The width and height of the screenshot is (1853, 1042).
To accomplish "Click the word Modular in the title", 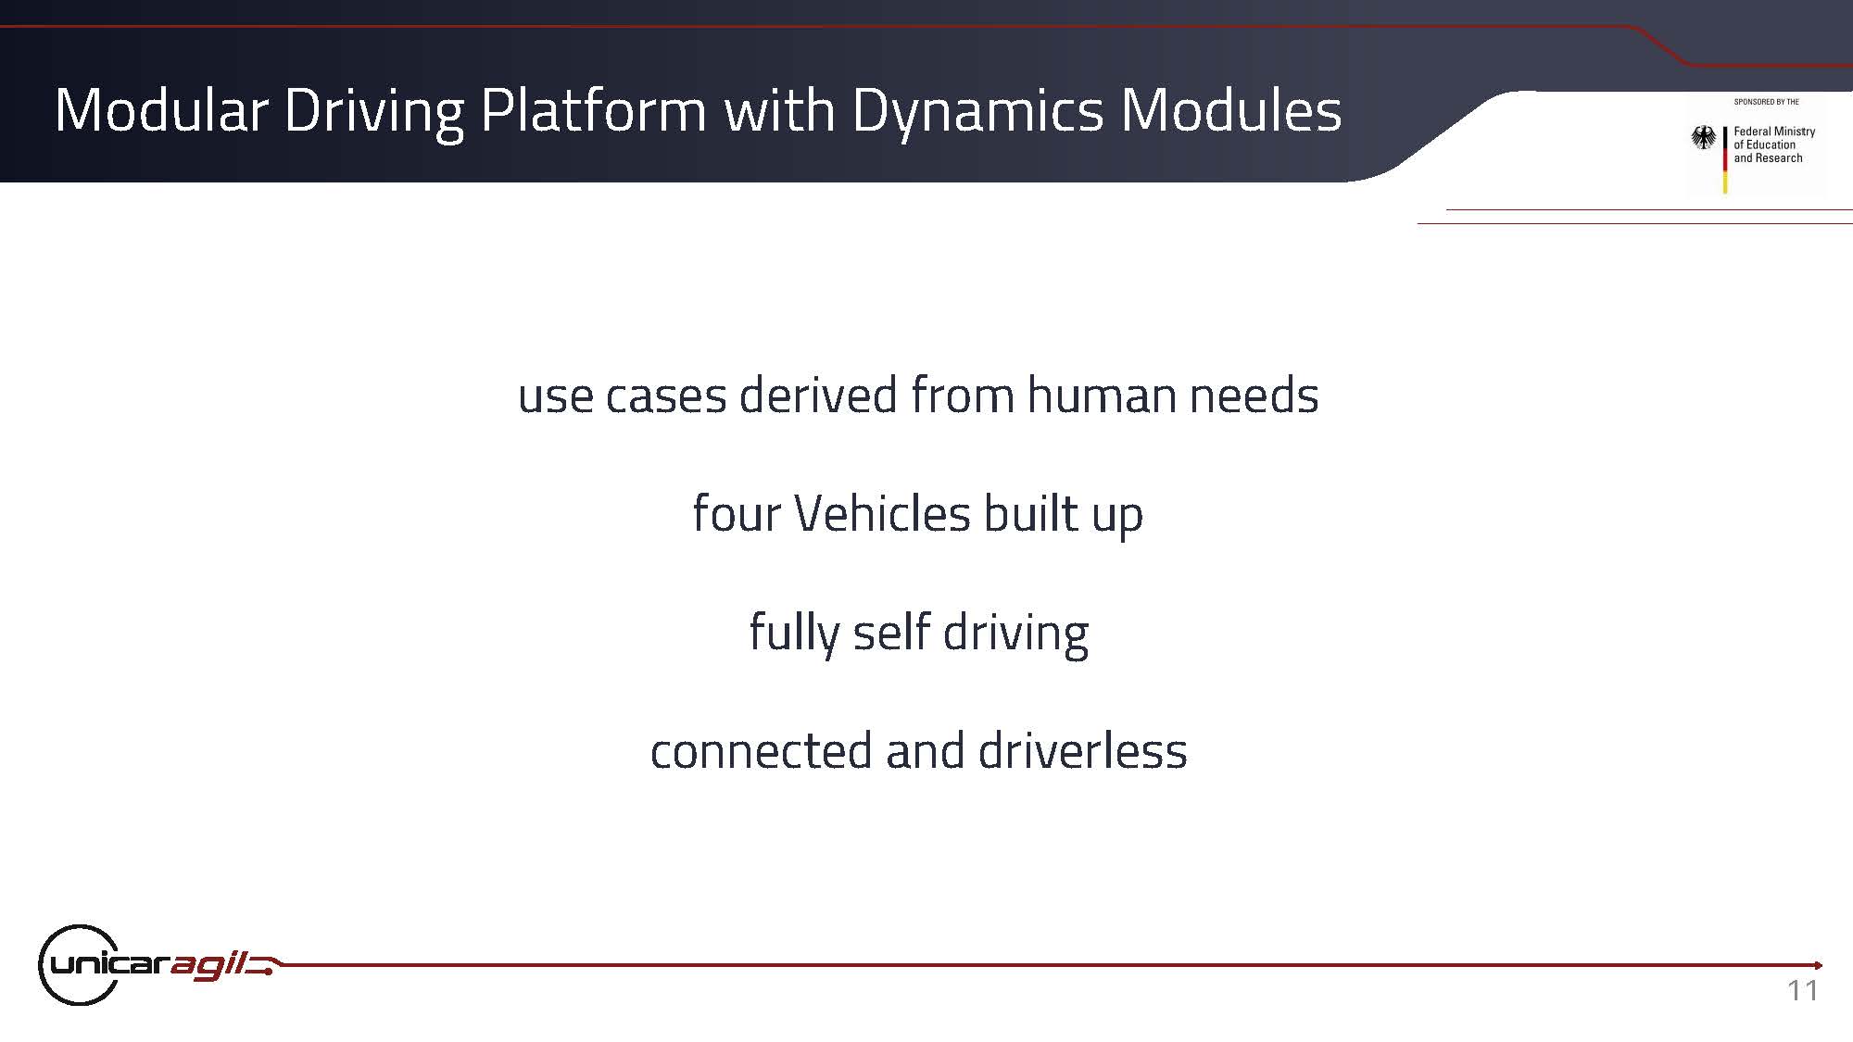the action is click(161, 110).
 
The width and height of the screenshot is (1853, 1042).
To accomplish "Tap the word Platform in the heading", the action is click(594, 110).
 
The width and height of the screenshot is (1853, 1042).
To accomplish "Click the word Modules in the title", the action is click(1230, 110).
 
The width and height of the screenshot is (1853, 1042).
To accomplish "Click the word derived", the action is click(817, 395).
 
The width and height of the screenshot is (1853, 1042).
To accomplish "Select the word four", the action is click(737, 513).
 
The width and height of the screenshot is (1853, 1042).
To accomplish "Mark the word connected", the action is click(762, 751).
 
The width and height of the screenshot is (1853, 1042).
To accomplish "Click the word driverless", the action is click(1083, 750).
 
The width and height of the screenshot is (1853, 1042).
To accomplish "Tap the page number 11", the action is click(1803, 991).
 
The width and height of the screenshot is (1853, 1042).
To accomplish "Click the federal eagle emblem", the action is click(1703, 139).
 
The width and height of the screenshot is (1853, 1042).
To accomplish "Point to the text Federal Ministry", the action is click(1774, 132).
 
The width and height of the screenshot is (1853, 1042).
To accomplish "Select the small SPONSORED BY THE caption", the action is click(1767, 102).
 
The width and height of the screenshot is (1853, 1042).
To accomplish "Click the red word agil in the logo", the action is click(209, 966).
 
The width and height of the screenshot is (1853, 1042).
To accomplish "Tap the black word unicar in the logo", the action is click(109, 964).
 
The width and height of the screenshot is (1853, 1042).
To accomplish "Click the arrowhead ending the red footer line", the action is click(1819, 965).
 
